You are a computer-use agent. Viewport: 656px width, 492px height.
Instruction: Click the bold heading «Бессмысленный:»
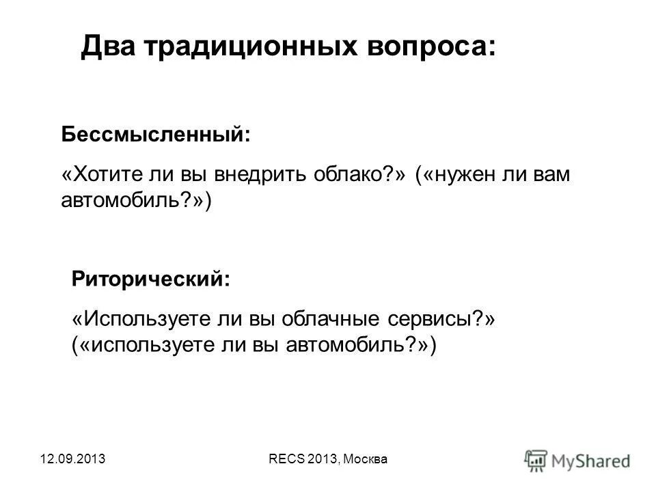pyautogui.click(x=156, y=134)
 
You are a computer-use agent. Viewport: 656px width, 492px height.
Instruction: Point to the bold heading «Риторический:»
pyautogui.click(x=151, y=279)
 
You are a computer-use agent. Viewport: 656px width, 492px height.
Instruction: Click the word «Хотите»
pyautogui.click(x=101, y=175)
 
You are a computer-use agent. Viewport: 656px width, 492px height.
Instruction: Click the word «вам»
pyautogui.click(x=547, y=175)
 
